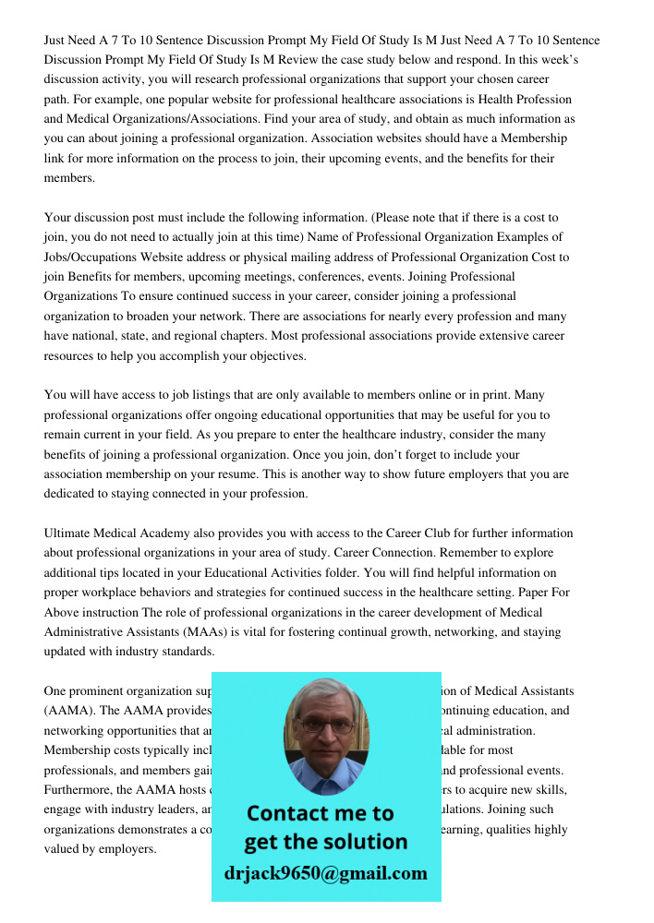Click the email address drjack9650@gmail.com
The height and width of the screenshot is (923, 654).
pos(326,873)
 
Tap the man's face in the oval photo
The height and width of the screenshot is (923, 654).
pos(325,726)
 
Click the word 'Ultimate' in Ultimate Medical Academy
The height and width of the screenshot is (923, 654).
pos(70,533)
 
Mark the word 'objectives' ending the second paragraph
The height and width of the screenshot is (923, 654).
pos(275,355)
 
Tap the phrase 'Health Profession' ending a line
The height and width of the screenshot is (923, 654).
pos(521,99)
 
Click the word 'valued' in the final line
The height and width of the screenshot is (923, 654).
pos(63,849)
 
